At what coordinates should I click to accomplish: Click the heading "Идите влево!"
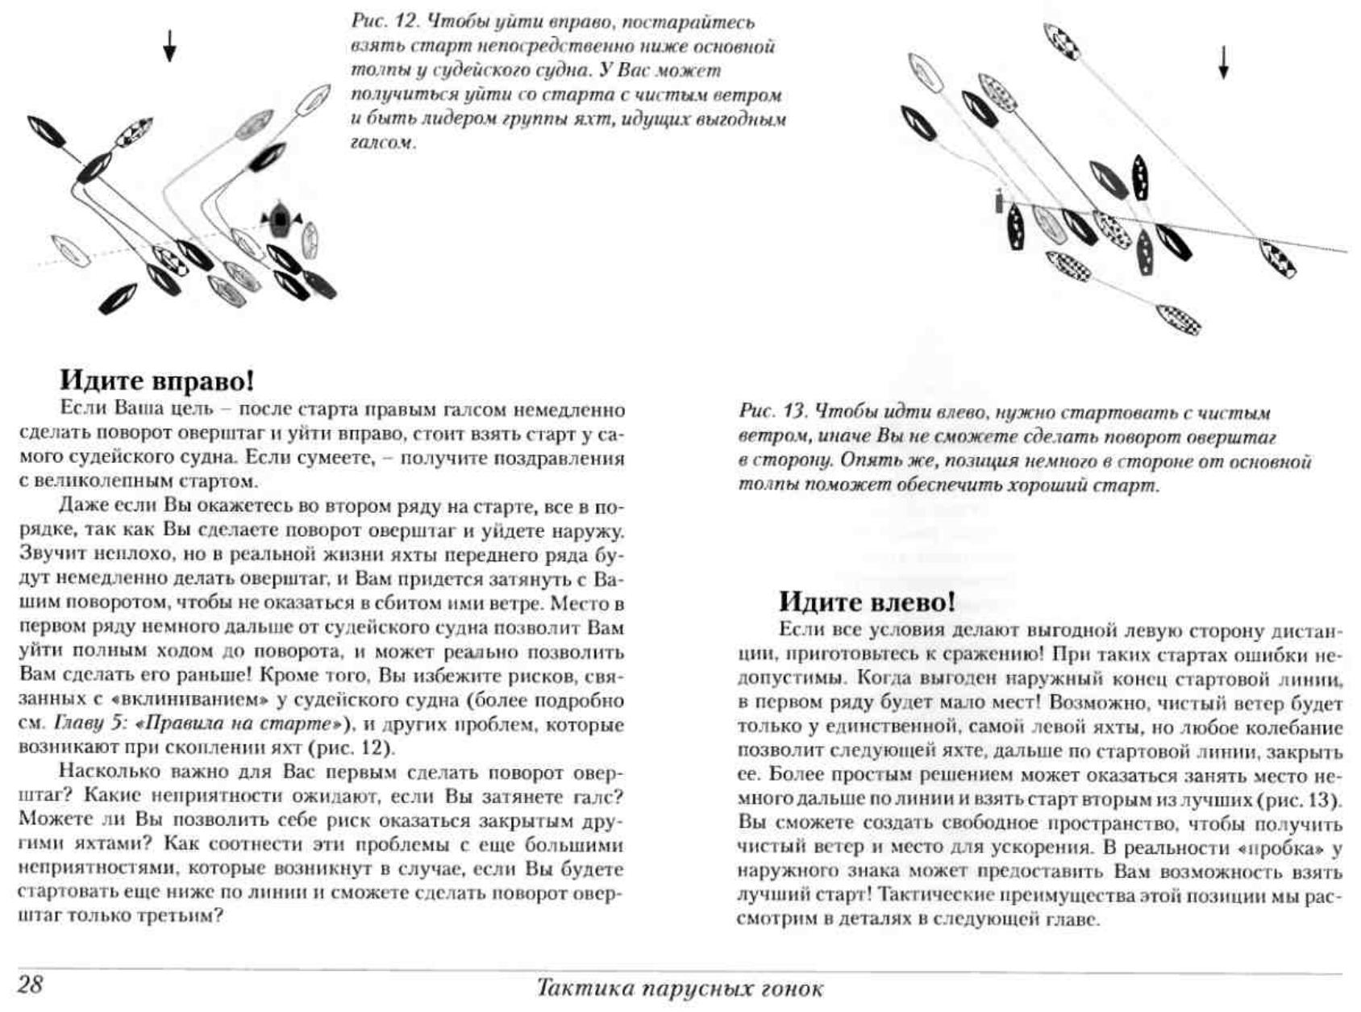coord(866,602)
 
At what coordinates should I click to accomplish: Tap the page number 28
coord(30,985)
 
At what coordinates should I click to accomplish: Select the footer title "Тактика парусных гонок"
coord(680,988)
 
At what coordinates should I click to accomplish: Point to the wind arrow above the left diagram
coord(169,46)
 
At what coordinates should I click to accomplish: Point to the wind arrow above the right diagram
coord(1223,62)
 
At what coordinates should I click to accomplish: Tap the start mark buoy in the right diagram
coord(999,200)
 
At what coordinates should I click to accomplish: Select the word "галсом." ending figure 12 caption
coord(383,144)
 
